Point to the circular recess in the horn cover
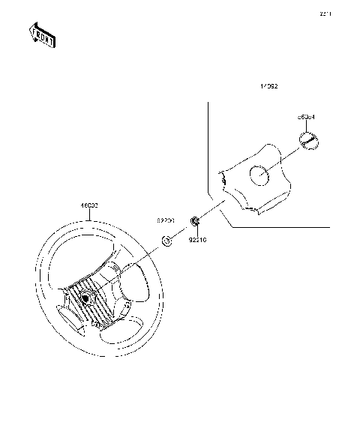click(259, 176)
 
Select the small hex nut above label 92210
click(195, 220)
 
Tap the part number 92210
click(198, 241)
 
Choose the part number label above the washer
click(166, 222)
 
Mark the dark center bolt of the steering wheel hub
click(85, 298)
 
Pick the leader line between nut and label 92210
click(196, 229)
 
